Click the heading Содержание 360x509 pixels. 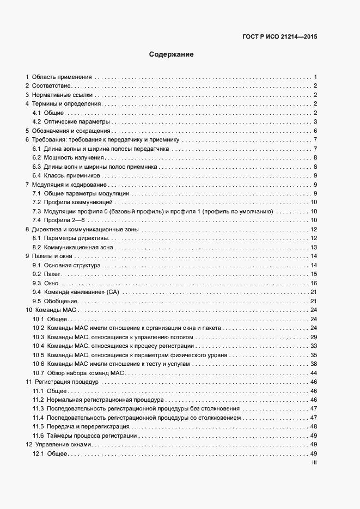point(172,54)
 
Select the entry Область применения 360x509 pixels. point(62,77)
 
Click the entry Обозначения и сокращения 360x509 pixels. point(71,131)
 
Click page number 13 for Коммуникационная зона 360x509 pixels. point(314,247)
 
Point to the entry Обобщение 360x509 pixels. point(62,301)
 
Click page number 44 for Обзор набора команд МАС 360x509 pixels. point(314,372)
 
